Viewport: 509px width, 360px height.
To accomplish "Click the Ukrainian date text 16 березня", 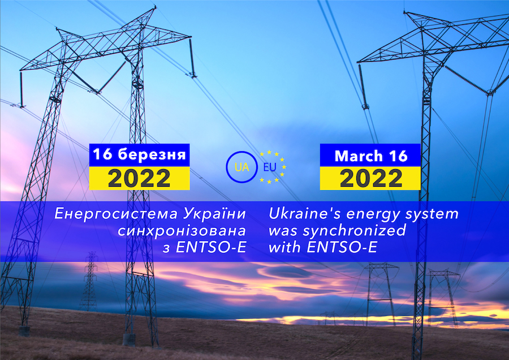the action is click(139, 155).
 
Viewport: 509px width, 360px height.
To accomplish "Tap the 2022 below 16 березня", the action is click(139, 178).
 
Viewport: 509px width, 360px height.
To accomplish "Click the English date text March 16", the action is click(371, 156).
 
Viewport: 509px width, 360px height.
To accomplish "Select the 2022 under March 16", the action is click(371, 178).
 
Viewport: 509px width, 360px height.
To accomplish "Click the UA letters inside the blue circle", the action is click(242, 167).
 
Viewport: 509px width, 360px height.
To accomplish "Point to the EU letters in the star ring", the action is click(270, 167).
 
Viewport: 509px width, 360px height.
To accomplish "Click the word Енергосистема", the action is click(116, 214).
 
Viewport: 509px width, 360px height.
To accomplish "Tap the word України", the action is click(215, 213).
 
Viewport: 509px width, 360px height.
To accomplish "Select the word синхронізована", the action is click(182, 231).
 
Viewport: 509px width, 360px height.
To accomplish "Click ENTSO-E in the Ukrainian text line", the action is click(211, 247).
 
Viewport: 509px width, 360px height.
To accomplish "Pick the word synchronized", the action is click(355, 231).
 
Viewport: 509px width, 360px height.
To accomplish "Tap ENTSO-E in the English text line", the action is click(342, 247).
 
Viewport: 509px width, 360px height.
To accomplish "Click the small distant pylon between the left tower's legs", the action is click(90, 281).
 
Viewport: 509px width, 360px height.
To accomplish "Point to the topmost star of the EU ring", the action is click(269, 152).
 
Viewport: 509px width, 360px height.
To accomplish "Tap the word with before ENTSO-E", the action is click(284, 247).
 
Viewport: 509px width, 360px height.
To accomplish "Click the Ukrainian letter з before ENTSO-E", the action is click(166, 250).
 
